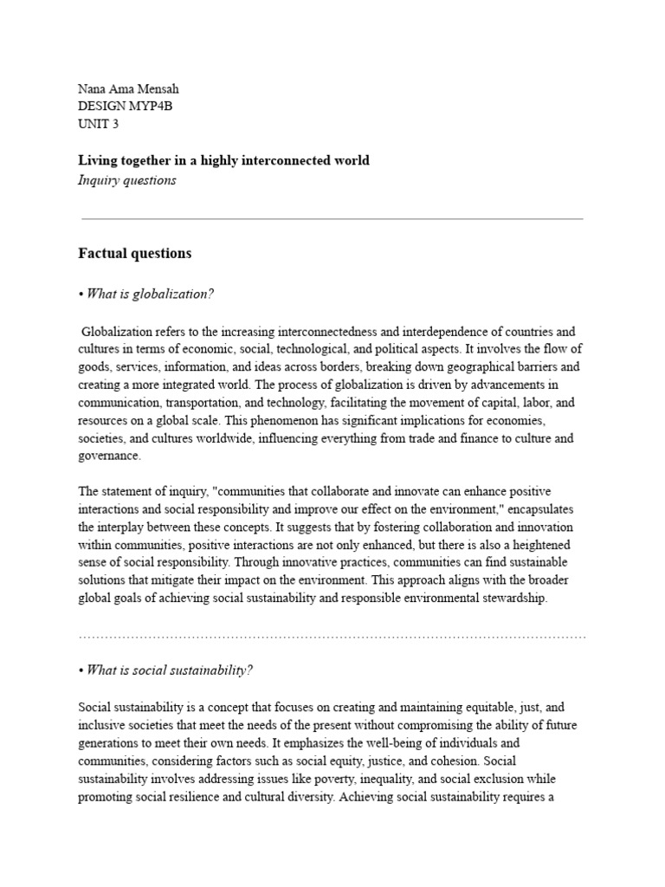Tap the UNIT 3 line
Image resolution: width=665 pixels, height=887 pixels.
99,124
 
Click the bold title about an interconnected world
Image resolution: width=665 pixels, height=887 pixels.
223,160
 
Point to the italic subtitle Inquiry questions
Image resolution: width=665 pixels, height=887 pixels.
127,180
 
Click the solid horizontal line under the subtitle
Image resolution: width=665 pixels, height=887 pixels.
332,219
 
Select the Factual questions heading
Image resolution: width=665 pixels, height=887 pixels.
134,254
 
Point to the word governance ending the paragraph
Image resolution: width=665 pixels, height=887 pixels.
107,456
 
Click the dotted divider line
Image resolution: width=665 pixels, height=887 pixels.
332,637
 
